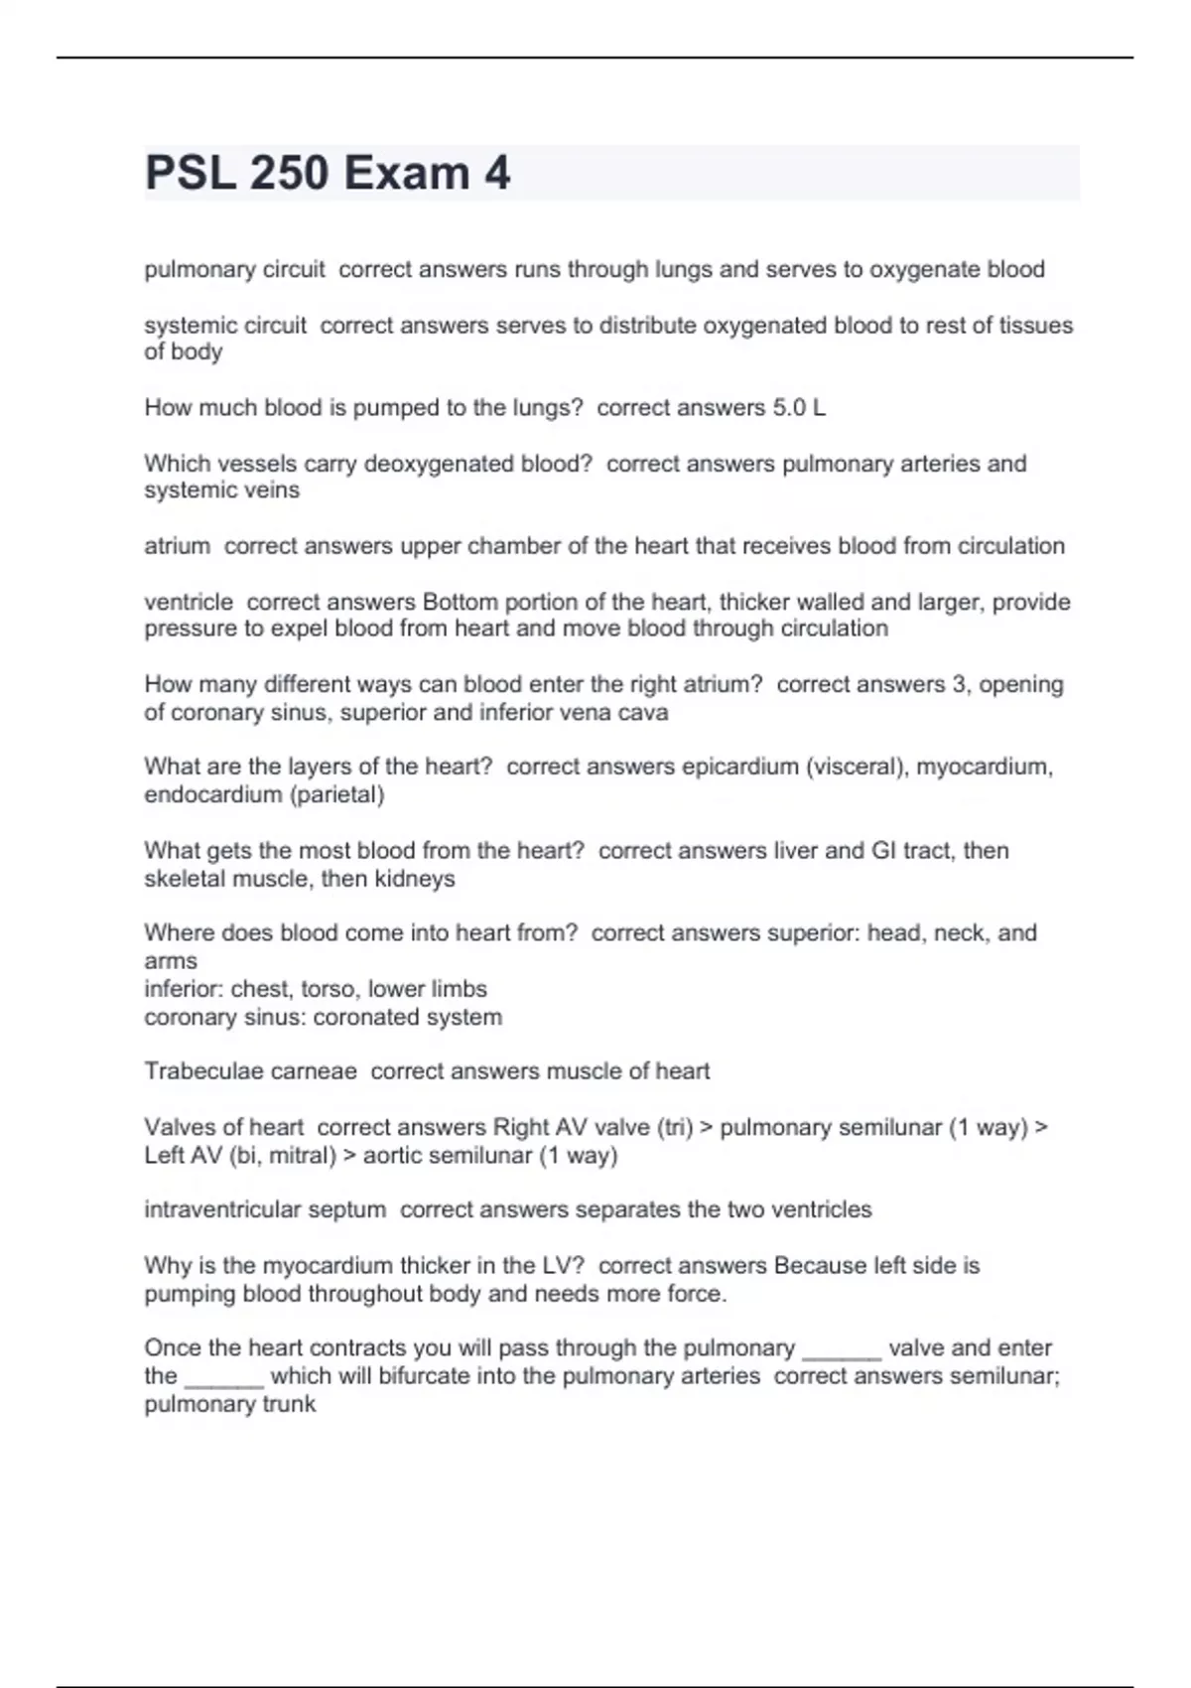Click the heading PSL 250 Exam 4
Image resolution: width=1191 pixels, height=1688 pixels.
[328, 173]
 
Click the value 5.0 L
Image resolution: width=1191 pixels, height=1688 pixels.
[798, 408]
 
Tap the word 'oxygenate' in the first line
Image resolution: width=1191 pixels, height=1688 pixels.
[920, 269]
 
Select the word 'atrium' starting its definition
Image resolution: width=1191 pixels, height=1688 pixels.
[177, 546]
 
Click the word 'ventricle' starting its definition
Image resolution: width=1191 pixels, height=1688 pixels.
[189, 602]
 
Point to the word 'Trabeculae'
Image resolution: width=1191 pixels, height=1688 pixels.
[198, 1071]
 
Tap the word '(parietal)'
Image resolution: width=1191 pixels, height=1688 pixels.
[336, 794]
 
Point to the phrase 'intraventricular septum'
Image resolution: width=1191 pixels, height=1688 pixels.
[265, 1209]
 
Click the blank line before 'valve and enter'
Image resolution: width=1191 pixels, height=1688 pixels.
[841, 1350]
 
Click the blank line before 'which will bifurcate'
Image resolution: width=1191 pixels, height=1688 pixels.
[223, 1378]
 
